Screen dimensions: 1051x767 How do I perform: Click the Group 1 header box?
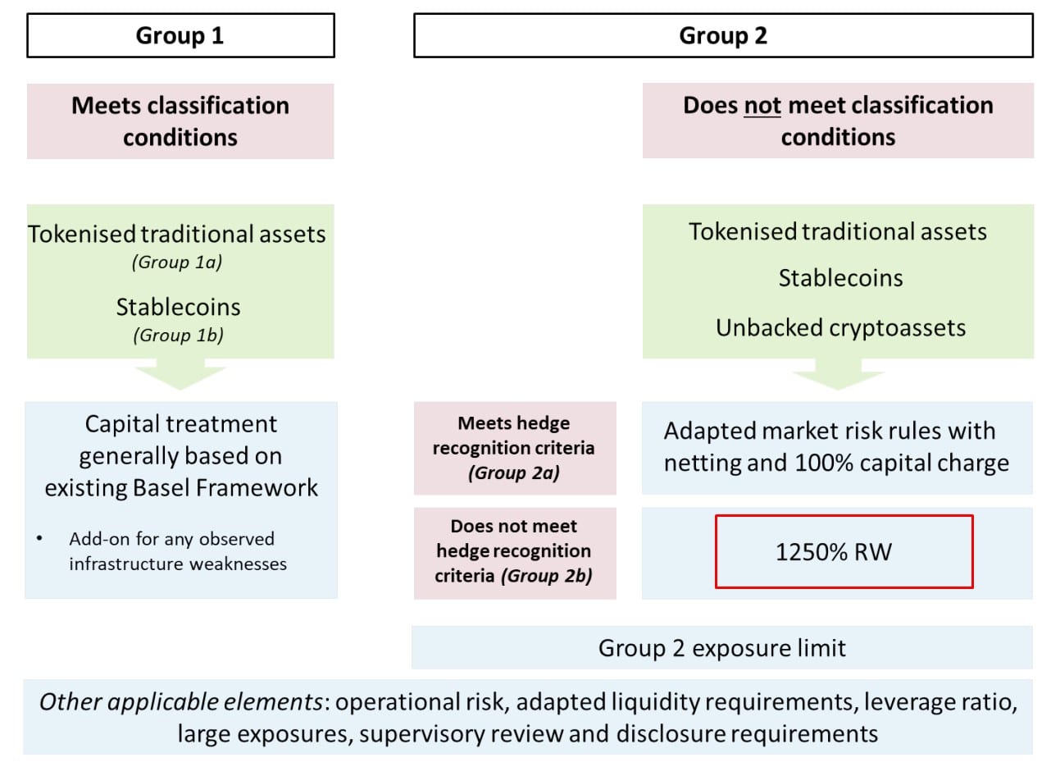(x=180, y=35)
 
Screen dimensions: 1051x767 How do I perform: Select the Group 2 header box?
(x=723, y=35)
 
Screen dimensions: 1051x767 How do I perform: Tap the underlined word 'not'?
(x=762, y=105)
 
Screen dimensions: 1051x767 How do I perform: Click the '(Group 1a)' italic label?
(x=177, y=262)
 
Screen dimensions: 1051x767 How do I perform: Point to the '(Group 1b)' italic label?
(x=178, y=336)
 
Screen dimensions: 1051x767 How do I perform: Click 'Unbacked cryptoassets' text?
(x=841, y=327)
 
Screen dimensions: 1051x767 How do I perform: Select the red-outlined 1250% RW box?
(x=844, y=551)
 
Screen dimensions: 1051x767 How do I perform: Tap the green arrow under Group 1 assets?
(x=180, y=374)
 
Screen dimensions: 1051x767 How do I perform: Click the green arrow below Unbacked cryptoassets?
(x=839, y=374)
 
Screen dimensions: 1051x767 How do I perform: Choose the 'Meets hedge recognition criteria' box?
(x=515, y=448)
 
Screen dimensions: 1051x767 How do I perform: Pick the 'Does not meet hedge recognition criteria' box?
(x=515, y=553)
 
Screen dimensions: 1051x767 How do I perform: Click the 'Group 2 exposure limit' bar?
(x=722, y=647)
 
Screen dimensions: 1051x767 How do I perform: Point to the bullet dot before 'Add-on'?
(x=39, y=538)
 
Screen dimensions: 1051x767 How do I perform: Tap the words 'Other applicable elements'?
(x=181, y=702)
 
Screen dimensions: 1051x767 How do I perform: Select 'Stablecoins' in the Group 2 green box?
(x=841, y=278)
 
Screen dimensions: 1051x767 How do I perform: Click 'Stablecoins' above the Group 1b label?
(x=178, y=307)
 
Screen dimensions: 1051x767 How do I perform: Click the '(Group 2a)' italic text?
(x=514, y=473)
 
